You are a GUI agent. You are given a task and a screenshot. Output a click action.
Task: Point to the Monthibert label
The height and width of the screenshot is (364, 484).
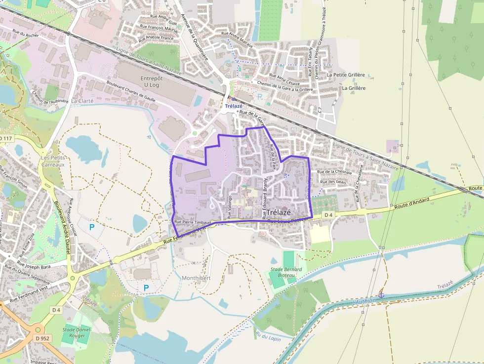click(x=196, y=278)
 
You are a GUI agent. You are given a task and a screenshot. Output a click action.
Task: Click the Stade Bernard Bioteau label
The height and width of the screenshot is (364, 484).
click(x=286, y=272)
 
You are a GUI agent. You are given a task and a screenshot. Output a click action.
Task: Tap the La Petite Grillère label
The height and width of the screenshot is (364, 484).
click(x=346, y=75)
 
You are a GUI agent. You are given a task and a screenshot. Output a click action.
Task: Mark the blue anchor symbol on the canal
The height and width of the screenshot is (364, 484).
click(x=381, y=294)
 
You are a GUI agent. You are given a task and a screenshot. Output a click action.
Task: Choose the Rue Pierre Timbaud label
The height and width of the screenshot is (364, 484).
click(x=193, y=223)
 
